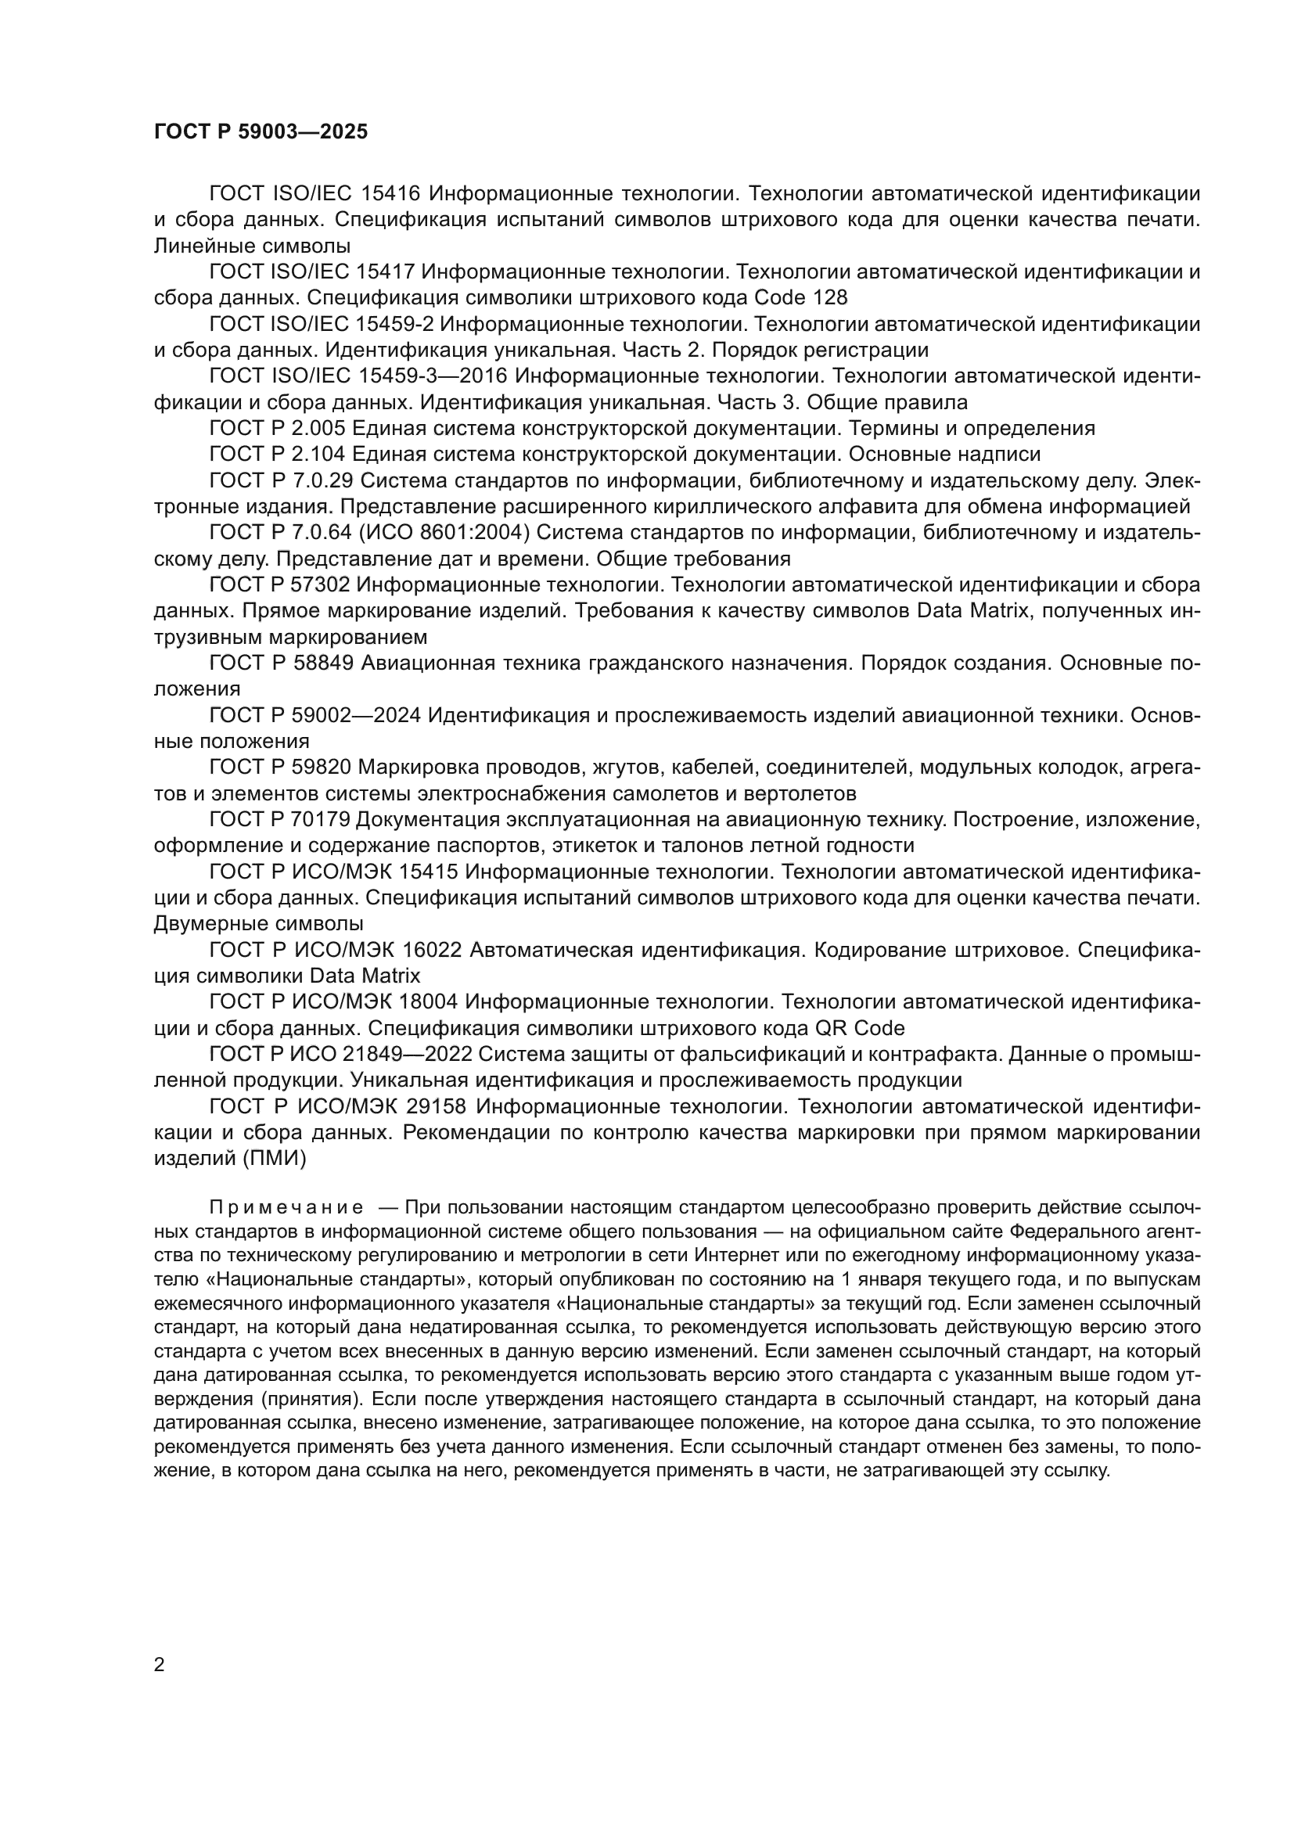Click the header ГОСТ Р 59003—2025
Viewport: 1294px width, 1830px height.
[x=261, y=132]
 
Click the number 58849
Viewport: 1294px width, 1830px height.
[x=324, y=663]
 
